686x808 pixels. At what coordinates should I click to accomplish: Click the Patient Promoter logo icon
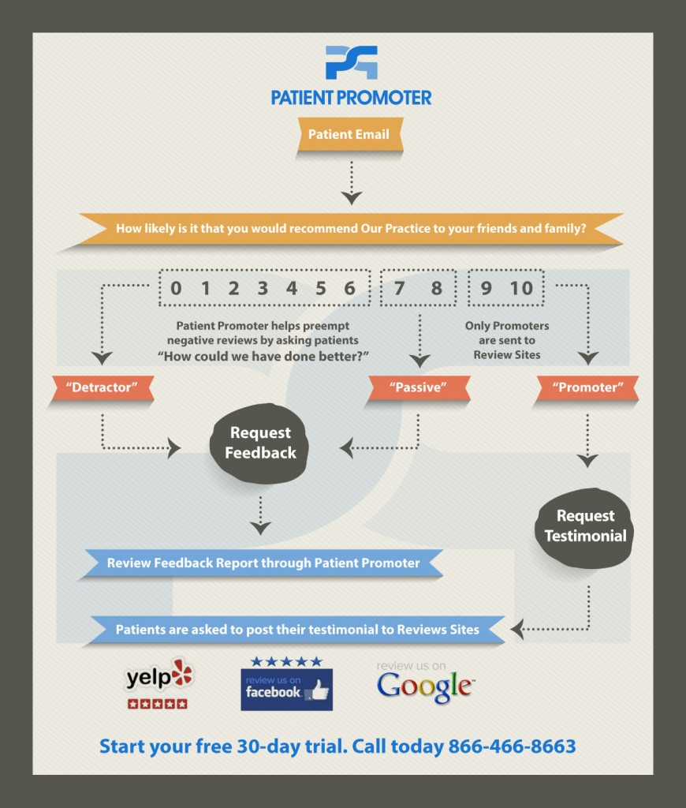351,62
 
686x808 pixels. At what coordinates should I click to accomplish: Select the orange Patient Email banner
349,134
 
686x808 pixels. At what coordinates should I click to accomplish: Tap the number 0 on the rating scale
176,288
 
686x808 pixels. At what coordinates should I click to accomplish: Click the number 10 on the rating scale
521,288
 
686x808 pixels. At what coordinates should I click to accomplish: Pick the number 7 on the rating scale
399,288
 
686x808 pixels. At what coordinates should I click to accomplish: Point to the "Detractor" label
102,387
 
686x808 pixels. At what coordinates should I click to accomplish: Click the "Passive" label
418,387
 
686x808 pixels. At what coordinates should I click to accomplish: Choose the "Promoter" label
587,387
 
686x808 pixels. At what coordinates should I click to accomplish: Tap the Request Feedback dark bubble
259,443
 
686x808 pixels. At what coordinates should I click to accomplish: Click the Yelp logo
159,675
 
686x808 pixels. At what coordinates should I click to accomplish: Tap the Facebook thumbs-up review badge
286,690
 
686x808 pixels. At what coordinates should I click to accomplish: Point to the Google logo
425,686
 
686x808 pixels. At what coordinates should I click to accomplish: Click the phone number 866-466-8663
512,746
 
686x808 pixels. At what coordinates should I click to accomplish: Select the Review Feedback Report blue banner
263,563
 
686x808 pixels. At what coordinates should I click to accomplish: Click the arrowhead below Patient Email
351,198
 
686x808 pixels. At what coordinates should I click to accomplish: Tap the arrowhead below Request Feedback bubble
260,528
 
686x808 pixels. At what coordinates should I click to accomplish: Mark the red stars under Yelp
158,704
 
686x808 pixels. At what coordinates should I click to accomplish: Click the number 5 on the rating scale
321,288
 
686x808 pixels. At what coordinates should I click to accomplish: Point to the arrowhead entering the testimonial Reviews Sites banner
516,629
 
